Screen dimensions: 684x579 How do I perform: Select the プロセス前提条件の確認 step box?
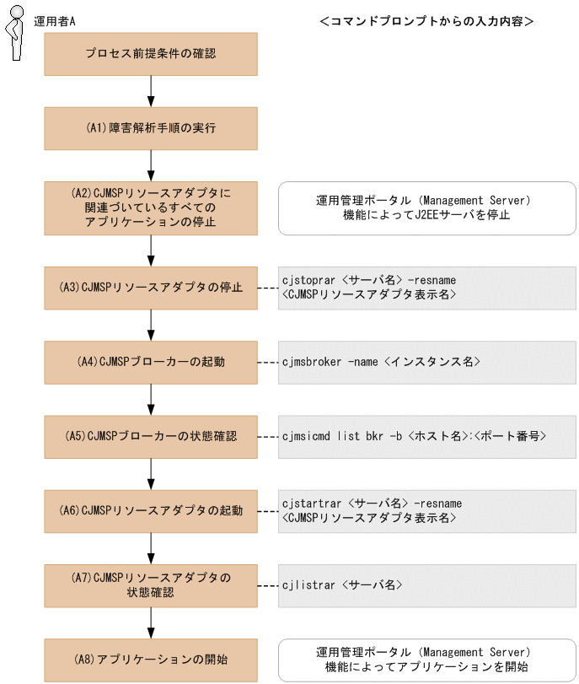[x=151, y=55]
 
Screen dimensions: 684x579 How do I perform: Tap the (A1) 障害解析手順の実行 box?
[x=151, y=129]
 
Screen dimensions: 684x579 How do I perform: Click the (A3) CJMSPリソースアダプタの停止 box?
[x=151, y=288]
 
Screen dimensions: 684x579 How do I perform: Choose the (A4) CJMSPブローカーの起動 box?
[x=151, y=362]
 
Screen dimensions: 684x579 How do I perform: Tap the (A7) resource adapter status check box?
[x=151, y=584]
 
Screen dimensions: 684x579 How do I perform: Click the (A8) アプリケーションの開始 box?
[x=151, y=659]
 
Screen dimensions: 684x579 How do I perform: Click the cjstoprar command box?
[x=426, y=288]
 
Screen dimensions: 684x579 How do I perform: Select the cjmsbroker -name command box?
[x=426, y=362]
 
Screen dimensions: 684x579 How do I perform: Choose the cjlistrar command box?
[x=426, y=584]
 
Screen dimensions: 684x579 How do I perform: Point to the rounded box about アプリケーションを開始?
[x=426, y=659]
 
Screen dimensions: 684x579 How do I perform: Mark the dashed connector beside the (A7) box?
[x=267, y=584]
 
